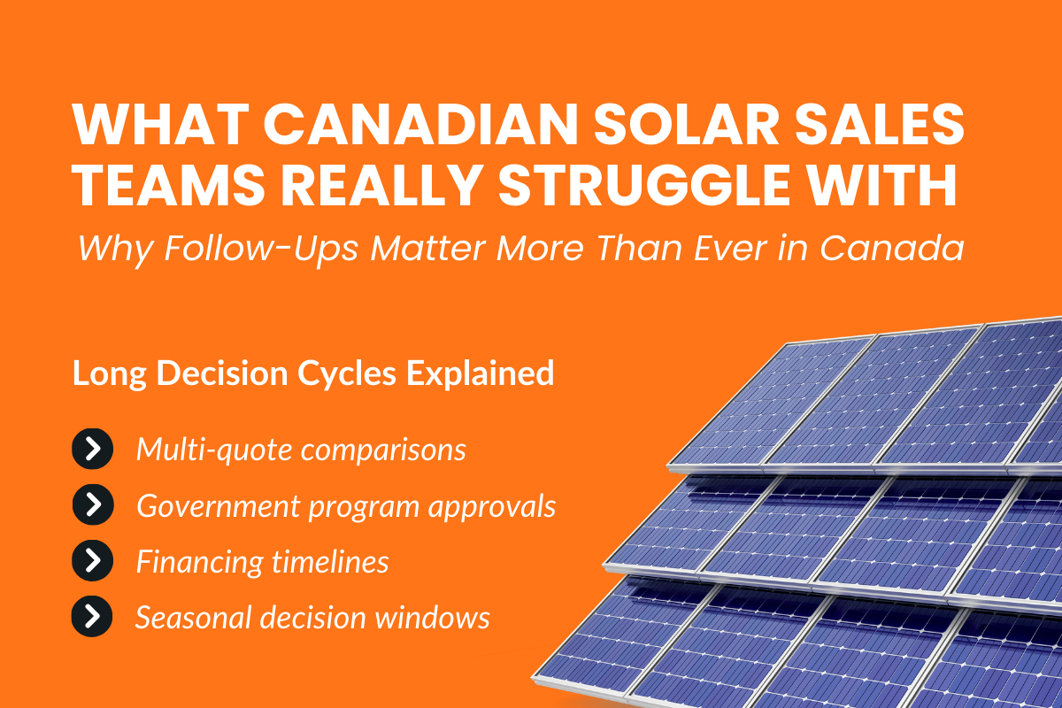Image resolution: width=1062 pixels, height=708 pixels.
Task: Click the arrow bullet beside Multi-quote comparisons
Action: click(92, 450)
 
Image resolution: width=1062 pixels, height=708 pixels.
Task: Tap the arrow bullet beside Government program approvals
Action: click(92, 505)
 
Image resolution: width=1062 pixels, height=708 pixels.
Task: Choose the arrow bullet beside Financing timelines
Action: click(92, 561)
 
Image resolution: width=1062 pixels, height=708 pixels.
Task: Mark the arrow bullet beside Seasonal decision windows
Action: click(92, 617)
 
